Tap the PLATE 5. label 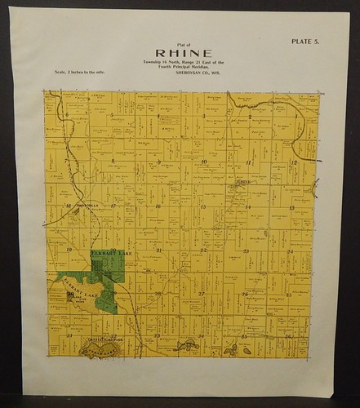307,41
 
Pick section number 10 203,162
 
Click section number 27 202,293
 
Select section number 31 70,335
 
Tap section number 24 290,251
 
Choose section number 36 288,335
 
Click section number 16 158,206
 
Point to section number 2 249,117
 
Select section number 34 201,335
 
